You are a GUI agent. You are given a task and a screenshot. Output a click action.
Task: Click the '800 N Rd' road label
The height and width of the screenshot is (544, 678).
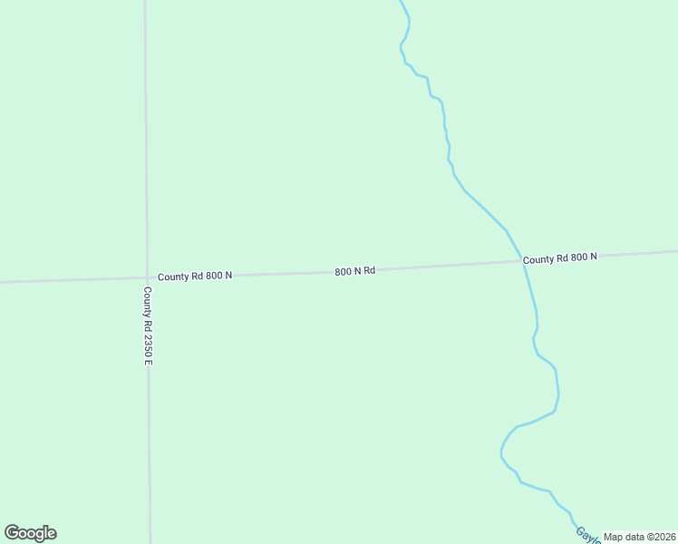coord(354,271)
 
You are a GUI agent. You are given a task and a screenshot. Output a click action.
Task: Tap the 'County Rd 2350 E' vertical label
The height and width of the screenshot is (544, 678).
coord(148,326)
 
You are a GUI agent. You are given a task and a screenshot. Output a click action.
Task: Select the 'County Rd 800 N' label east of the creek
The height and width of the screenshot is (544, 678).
coord(559,258)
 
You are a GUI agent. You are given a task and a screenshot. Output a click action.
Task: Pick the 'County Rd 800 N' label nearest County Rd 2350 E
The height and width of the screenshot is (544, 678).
coord(194,276)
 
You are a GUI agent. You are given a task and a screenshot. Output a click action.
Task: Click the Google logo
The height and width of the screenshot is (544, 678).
coord(30,533)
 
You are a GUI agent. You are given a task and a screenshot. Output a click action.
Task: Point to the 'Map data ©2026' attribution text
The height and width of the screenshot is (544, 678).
coord(640,537)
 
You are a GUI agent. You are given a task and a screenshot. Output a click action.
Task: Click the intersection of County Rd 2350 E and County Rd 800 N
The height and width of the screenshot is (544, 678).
coord(147,277)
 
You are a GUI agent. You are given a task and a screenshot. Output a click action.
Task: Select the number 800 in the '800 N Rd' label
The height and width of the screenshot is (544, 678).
coord(342,272)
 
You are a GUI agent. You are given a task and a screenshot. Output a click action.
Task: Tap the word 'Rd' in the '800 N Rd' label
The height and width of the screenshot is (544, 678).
coord(369,270)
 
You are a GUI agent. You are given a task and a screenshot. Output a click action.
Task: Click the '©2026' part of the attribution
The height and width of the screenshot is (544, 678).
coord(659,537)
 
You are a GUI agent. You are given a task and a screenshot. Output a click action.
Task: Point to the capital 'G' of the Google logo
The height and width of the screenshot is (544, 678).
coord(11,532)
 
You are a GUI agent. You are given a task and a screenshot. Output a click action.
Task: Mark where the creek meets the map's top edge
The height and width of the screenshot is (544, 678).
coord(401,1)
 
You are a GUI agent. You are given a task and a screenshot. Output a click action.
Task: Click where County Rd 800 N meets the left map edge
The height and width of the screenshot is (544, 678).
coord(1,282)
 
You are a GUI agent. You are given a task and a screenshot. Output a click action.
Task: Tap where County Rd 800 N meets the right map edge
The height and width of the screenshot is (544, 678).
coord(676,251)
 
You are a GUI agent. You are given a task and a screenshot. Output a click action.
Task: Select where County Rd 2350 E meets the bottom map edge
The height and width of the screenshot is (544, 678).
coord(150,542)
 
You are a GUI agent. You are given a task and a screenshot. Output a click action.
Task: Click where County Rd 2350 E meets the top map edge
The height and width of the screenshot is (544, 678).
coord(145,1)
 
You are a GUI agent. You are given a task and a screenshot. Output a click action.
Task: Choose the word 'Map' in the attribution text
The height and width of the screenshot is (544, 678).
coord(613,537)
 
